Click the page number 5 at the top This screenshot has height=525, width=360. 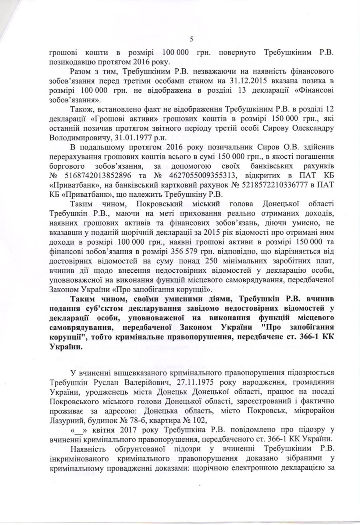191,39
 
